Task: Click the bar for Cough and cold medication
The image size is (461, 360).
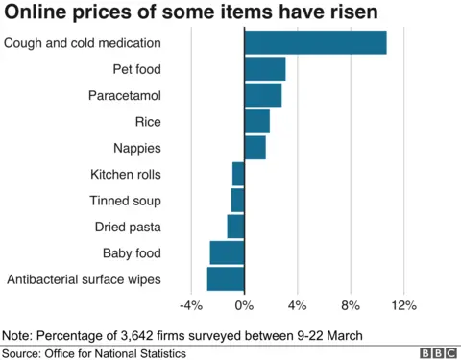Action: coord(315,43)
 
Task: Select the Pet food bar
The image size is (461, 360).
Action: coord(265,69)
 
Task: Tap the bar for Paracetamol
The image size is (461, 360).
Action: coord(263,95)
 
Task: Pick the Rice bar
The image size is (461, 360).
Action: coord(256,122)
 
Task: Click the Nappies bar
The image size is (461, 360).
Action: coord(255,148)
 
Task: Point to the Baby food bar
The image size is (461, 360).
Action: coord(228,252)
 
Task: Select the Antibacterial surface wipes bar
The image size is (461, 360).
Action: coord(226,279)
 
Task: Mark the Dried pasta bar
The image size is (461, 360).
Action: coord(236,227)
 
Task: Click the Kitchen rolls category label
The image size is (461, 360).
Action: coord(125,175)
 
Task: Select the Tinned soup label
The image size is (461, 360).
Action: coord(125,201)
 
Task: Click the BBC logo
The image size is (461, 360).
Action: coord(437,351)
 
